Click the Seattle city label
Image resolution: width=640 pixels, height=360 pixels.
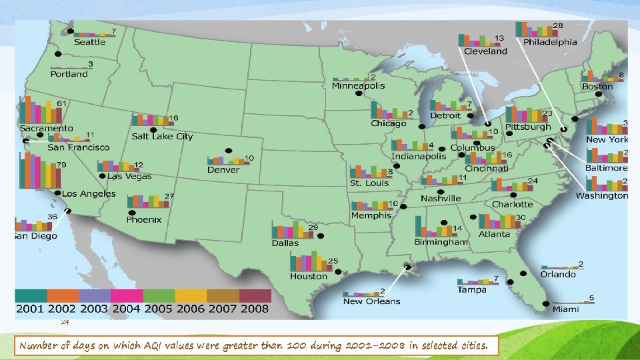click(89, 42)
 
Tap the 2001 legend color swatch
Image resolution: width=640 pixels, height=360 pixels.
click(31, 295)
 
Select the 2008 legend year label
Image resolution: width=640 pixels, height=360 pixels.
click(255, 309)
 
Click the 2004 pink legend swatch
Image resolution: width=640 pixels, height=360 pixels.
click(127, 295)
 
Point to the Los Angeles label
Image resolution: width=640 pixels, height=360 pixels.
click(89, 193)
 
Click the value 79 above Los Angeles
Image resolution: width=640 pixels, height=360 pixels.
click(61, 164)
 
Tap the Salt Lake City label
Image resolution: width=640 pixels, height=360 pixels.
click(162, 136)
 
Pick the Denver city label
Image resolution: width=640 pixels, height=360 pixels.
click(223, 169)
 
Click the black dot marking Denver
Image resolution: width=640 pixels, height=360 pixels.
click(228, 151)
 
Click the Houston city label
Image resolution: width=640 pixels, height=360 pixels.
click(309, 276)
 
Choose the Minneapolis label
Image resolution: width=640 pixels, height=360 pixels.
click(359, 85)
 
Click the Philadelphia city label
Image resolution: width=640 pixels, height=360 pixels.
click(550, 41)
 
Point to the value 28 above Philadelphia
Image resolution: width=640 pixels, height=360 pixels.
click(557, 25)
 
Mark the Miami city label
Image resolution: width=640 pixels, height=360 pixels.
click(565, 309)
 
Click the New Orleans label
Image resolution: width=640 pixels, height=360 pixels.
click(372, 301)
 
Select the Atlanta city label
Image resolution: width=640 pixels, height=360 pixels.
click(494, 234)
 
